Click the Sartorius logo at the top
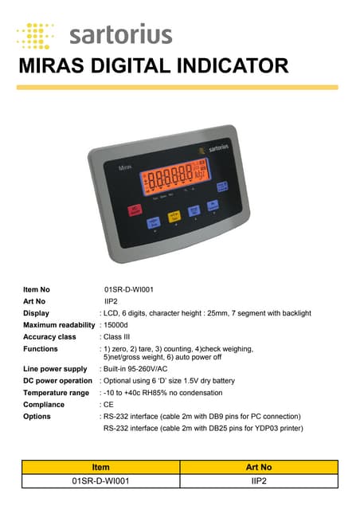(95, 35)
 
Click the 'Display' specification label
(37, 313)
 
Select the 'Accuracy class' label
(49, 337)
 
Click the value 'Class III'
(118, 337)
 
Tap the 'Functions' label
(41, 349)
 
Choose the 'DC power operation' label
(58, 381)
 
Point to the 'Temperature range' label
(57, 393)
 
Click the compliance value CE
(109, 405)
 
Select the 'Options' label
(37, 417)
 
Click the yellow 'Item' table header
(101, 467)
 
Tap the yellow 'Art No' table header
(259, 467)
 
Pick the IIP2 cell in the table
(259, 481)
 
